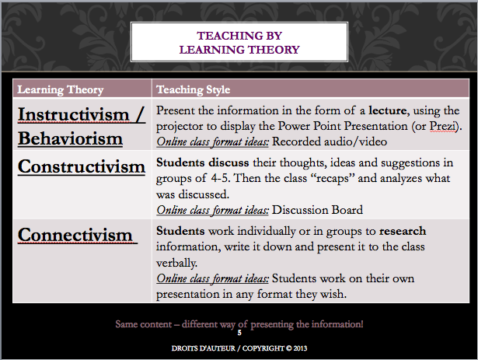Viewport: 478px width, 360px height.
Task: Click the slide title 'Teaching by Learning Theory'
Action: click(x=239, y=43)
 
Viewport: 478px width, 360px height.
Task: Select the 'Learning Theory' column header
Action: click(x=61, y=89)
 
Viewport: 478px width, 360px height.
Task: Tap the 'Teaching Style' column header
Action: click(x=193, y=89)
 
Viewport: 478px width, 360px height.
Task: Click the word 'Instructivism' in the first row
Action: click(x=74, y=115)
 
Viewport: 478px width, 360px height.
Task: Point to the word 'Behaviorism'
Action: click(x=70, y=138)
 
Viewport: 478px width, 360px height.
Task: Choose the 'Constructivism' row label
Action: click(x=82, y=166)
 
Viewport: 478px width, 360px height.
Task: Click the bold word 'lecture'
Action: click(x=388, y=110)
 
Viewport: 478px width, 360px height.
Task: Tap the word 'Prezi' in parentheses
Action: click(x=444, y=126)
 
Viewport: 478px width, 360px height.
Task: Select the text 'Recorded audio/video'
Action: click(x=330, y=142)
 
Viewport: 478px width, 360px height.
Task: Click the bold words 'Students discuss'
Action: click(x=202, y=163)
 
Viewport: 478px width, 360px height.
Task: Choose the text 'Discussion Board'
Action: click(x=317, y=210)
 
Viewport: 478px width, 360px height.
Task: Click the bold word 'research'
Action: click(x=403, y=231)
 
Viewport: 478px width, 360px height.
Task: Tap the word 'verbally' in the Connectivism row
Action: click(x=176, y=263)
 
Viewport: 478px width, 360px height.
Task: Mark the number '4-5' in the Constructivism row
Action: click(x=220, y=178)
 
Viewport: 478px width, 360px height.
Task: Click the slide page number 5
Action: click(x=239, y=333)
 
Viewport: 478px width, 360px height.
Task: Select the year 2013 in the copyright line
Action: click(x=300, y=348)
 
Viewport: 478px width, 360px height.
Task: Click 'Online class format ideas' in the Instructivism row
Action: click(x=212, y=142)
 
